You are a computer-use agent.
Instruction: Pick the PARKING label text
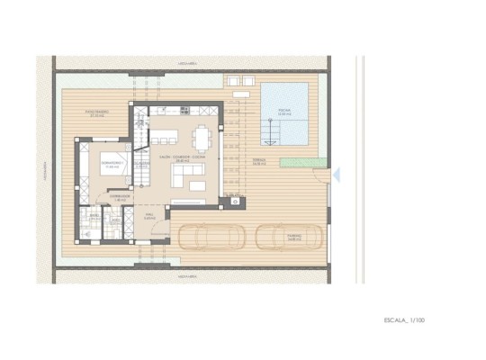[x=294, y=238]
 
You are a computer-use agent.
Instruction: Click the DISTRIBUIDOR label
[x=120, y=196]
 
